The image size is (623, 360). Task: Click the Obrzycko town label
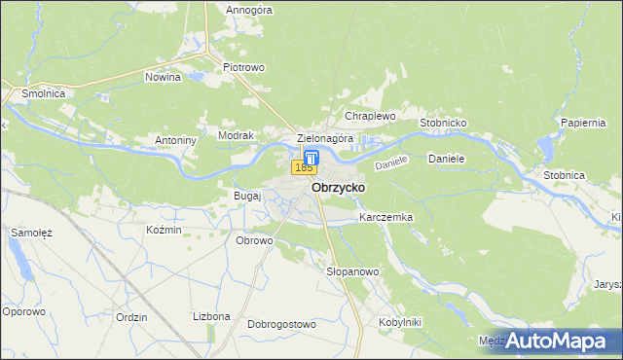tap(337, 188)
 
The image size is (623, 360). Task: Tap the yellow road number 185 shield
tap(304, 168)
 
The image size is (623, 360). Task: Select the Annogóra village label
tap(249, 11)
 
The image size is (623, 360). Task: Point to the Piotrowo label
tap(244, 67)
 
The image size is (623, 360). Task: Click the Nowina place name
tap(164, 76)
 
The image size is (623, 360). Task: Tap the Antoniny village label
tap(176, 140)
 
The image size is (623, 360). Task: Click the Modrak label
tap(236, 136)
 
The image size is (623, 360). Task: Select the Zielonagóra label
tap(324, 139)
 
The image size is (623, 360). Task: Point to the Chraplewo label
tap(370, 116)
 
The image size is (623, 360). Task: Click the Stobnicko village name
tap(444, 124)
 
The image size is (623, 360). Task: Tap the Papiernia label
tap(584, 123)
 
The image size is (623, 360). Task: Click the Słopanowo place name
tap(352, 271)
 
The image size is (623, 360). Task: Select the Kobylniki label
tap(398, 321)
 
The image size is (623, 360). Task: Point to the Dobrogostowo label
tap(282, 324)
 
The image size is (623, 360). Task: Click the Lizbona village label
tap(211, 316)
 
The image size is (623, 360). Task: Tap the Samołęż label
tap(31, 234)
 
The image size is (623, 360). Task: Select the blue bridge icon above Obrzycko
tap(311, 157)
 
